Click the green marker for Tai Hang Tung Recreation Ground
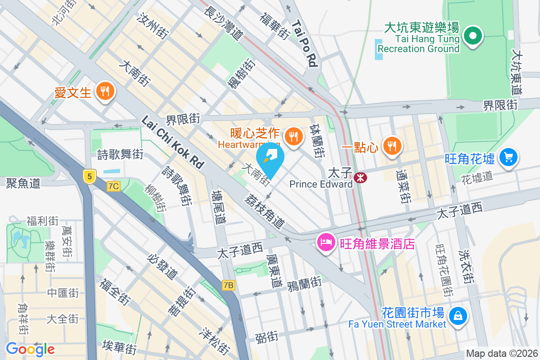click(472, 36)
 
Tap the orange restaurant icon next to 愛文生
click(105, 92)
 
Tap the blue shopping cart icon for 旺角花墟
click(508, 157)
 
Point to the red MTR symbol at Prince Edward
click(360, 177)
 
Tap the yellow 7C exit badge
click(114, 186)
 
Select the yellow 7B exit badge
click(229, 285)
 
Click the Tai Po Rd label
click(305, 43)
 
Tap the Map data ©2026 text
click(502, 354)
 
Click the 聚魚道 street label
click(23, 183)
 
